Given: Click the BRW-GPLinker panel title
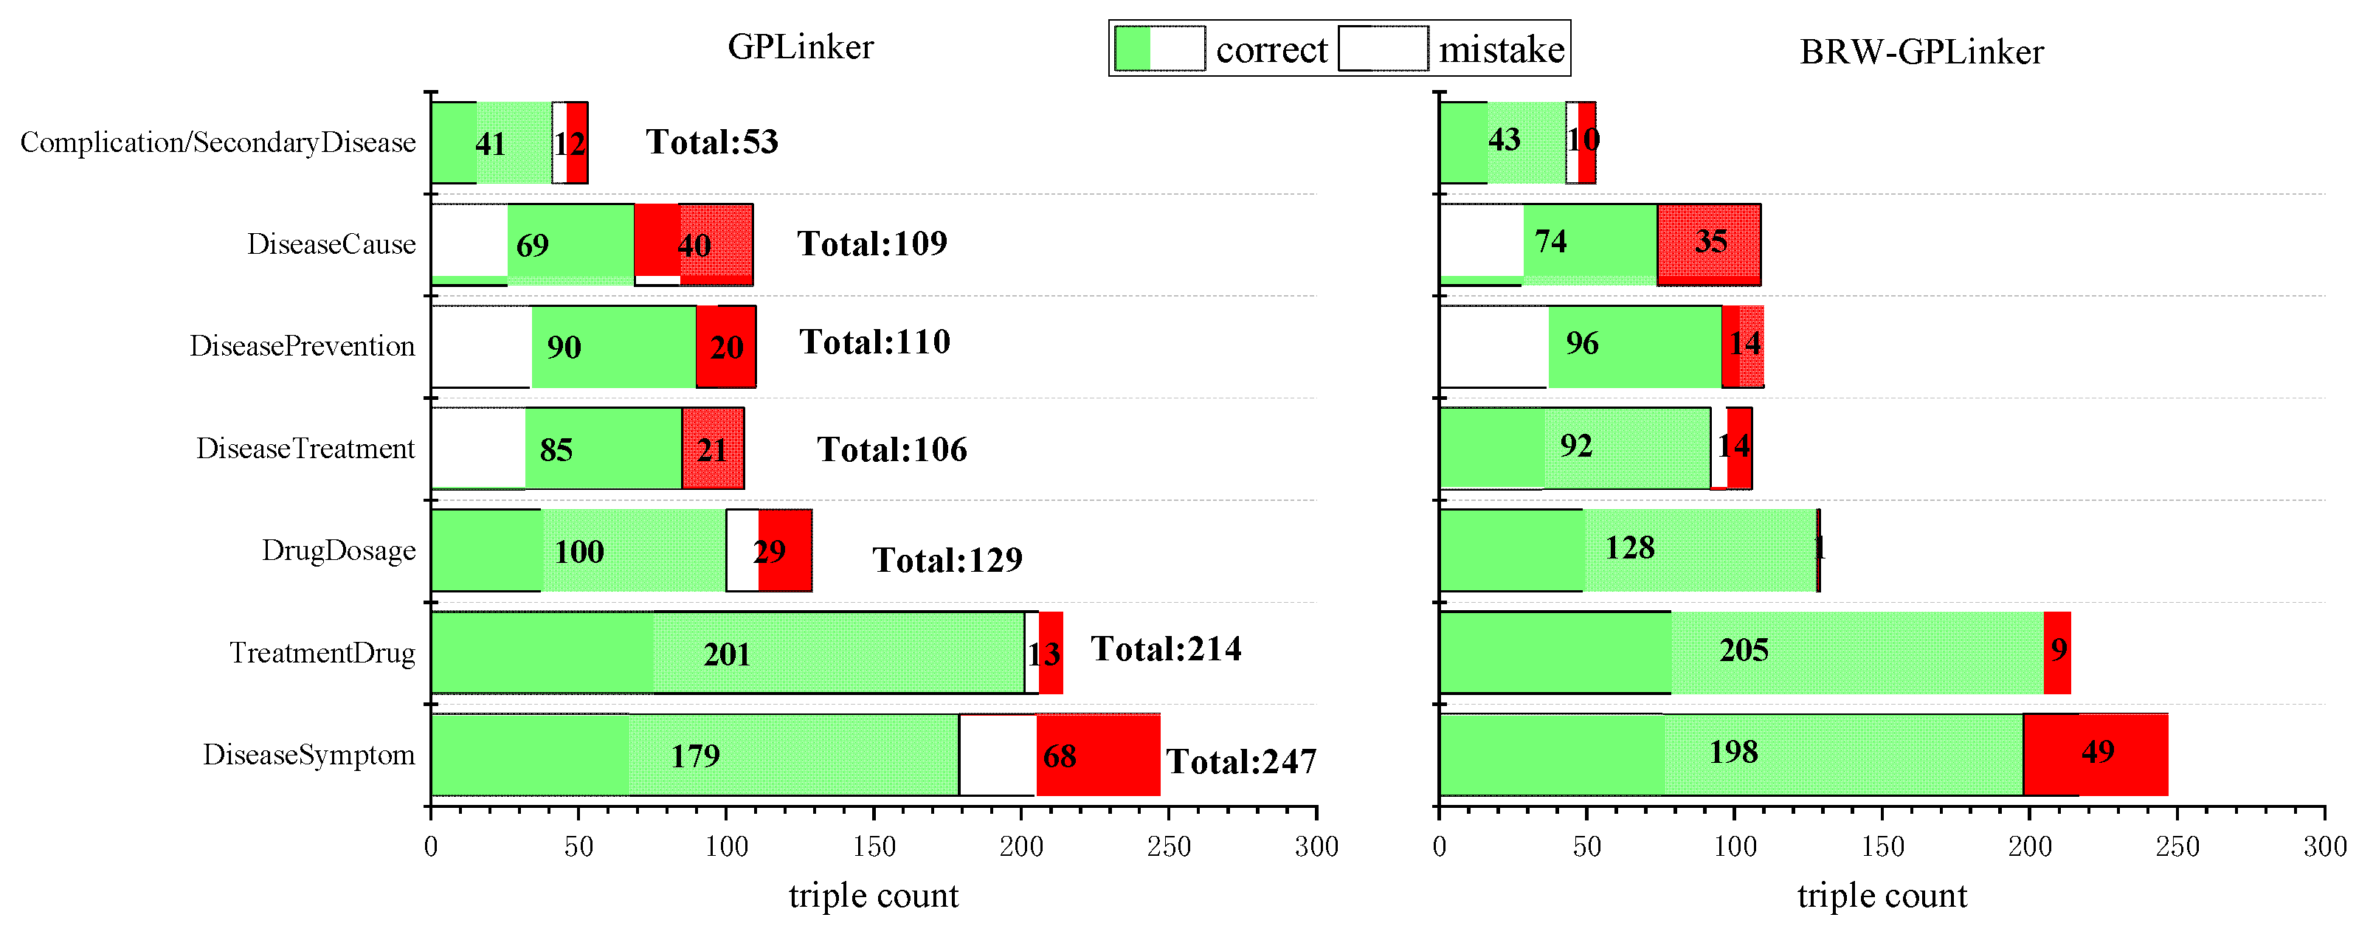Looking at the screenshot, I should (1921, 52).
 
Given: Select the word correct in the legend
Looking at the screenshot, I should (1271, 49).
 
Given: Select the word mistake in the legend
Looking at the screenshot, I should (1501, 49).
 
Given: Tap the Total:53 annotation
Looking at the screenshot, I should (711, 142).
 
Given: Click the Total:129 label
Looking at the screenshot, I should (947, 560).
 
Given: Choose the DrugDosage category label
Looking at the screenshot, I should (338, 551).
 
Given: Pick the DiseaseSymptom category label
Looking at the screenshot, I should (308, 755).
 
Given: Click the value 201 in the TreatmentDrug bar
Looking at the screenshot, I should (727, 655).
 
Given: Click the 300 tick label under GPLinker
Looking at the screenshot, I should (1316, 846).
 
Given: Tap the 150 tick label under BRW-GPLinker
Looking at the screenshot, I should (1882, 846).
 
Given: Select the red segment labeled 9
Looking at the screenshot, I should (2058, 651).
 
